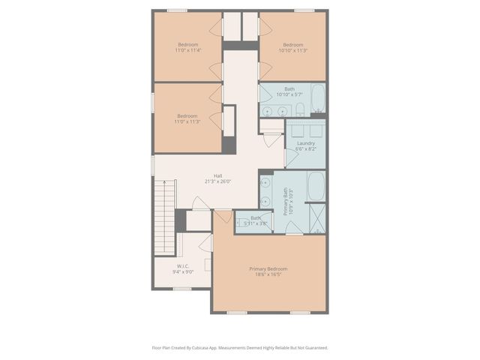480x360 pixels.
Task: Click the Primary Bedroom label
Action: tap(268, 268)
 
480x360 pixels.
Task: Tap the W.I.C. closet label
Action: tap(183, 266)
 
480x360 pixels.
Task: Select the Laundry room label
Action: tap(305, 143)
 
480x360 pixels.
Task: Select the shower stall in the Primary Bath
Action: tap(316, 218)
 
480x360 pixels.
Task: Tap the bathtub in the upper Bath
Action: tap(318, 97)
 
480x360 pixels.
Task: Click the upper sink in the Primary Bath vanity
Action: tap(265, 181)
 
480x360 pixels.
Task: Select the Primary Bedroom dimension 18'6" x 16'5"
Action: tap(268, 274)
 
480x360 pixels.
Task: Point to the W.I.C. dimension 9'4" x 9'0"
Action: tap(183, 272)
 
